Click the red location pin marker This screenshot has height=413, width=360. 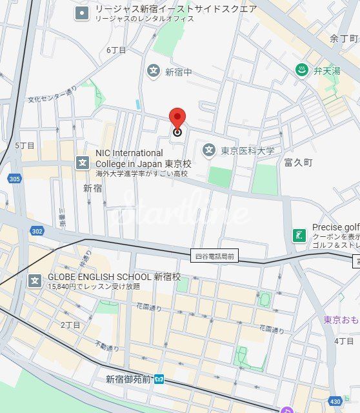[177, 119]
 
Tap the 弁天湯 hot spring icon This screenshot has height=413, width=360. [301, 70]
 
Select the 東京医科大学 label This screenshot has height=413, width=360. [248, 151]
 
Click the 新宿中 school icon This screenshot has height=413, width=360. [153, 70]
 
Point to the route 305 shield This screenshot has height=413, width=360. [15, 179]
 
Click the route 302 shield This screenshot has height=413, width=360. [37, 230]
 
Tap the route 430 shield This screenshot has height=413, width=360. [335, 401]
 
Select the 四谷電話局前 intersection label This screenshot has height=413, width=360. [215, 256]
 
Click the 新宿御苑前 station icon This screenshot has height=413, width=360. [159, 379]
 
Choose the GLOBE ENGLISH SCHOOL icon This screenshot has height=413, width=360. [35, 281]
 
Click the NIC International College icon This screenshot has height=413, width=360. [83, 162]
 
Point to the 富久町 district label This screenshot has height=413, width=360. [297, 163]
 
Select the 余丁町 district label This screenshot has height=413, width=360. [343, 39]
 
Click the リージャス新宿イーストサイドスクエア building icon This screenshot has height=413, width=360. [82, 13]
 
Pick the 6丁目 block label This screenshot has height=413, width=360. [116, 50]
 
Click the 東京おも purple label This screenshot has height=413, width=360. [341, 320]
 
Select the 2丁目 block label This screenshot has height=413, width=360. [70, 325]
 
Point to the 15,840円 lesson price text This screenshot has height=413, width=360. [94, 286]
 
